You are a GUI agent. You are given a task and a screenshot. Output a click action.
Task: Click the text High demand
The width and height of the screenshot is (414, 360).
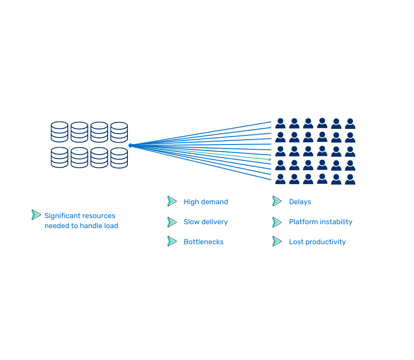coord(205,202)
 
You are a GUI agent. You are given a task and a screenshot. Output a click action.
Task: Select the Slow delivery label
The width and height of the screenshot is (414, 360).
coord(205,222)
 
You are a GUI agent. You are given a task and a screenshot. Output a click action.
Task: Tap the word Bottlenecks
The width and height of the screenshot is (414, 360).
coord(203,242)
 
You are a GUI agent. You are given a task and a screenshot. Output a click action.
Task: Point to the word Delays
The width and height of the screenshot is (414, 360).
coord(300,202)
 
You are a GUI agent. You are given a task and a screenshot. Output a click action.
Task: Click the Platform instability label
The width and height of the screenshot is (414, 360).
coord(321,222)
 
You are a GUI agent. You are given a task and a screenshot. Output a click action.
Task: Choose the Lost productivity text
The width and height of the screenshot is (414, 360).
coord(317,242)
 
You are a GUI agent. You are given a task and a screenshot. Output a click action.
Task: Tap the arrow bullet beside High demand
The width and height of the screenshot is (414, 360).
coord(171,201)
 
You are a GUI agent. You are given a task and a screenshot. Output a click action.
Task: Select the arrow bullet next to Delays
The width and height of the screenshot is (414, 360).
coord(276,201)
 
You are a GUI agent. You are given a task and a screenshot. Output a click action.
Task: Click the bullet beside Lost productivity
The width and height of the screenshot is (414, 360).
coord(276,241)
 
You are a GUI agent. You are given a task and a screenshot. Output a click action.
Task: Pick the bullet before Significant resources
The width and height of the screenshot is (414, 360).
coord(35,215)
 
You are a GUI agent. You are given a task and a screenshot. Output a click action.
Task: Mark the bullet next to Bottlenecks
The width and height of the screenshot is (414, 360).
coord(171,241)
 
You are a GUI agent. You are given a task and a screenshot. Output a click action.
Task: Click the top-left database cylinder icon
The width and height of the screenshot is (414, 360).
coord(60,132)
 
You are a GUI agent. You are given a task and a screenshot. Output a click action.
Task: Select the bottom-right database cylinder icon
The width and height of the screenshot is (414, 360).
coord(119,158)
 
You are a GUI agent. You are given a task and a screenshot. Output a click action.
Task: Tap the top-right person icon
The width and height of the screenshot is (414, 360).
coord(350,124)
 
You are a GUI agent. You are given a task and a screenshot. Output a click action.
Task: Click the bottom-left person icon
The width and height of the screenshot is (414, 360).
coord(280,179)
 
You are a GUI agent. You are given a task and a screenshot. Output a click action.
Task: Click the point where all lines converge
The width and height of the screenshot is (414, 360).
coord(130,145)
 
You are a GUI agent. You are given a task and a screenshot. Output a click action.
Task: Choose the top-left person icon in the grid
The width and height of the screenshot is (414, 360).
coord(280,124)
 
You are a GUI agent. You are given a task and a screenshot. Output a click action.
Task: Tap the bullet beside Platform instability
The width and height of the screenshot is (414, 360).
coord(276,222)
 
